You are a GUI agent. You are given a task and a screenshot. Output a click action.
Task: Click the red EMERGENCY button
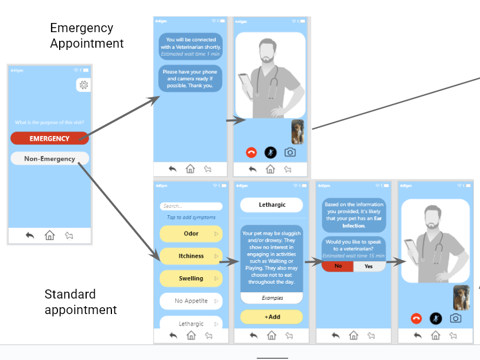[x=49, y=138]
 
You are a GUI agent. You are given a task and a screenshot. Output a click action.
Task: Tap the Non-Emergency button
[x=49, y=158]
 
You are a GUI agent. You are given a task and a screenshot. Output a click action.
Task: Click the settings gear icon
[x=84, y=86]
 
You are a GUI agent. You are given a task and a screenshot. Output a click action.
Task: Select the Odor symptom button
[x=191, y=234]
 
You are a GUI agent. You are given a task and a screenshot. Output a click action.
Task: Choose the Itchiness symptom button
[x=191, y=256]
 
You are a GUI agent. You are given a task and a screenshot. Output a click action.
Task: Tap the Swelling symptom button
[x=191, y=278]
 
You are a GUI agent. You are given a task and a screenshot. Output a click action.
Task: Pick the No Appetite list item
[x=191, y=301]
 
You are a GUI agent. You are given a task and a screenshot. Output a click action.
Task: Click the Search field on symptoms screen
[x=191, y=206]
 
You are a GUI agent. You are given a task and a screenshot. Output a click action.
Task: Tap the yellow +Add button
[x=272, y=317]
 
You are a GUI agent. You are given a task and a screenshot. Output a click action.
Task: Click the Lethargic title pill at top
[x=272, y=204]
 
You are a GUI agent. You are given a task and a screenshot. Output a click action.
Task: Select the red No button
[x=338, y=266]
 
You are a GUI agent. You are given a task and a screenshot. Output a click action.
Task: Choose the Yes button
[x=369, y=266]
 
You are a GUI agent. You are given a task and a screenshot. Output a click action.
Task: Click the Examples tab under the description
[x=272, y=298]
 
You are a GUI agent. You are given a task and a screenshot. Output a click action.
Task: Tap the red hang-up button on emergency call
[x=251, y=152]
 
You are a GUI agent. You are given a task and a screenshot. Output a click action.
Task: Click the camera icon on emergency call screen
[x=291, y=152]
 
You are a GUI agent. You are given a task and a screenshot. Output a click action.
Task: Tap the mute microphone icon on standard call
[x=436, y=318]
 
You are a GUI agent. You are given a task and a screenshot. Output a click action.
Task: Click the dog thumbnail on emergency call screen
[x=298, y=131]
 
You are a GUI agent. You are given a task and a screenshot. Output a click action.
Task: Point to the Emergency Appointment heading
[x=87, y=36]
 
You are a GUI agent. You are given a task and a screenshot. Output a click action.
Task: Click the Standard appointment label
[x=80, y=302]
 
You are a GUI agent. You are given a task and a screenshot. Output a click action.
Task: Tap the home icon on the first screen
[x=50, y=235]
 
